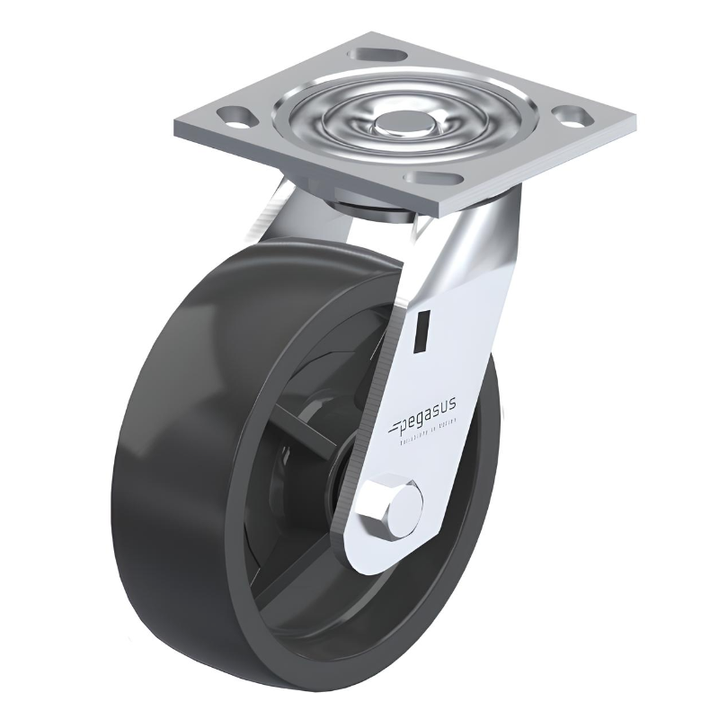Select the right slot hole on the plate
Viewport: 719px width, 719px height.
(571, 115)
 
